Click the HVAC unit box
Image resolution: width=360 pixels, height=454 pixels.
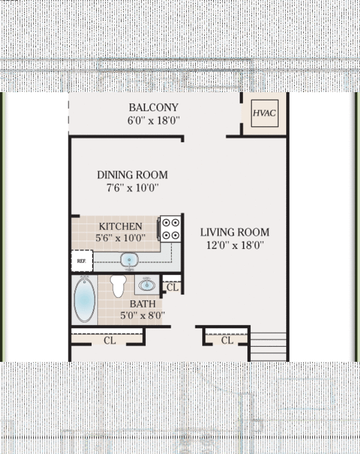264,113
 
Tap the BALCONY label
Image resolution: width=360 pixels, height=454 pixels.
154,107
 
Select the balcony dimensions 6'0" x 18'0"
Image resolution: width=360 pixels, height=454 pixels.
154,120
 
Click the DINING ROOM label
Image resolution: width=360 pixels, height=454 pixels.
132,175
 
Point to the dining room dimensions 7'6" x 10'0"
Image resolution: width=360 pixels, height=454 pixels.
132,188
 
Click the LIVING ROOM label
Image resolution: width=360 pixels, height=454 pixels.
235,232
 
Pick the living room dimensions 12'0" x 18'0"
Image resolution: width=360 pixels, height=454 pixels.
235,245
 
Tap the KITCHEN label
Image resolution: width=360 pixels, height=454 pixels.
120,226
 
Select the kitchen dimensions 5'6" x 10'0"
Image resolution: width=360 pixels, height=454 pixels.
120,238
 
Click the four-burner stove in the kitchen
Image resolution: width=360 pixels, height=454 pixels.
170,229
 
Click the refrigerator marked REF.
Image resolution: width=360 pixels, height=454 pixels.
82,261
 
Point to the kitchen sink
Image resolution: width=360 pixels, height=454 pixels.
129,260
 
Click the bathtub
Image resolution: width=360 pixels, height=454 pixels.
84,299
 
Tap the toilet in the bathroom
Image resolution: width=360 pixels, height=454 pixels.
118,286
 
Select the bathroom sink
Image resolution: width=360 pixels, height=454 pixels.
147,285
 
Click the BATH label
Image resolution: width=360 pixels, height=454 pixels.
142,304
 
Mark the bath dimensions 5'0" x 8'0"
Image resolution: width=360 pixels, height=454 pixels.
142,315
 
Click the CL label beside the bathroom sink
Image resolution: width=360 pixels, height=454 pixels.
172,288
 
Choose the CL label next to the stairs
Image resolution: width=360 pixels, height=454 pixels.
227,340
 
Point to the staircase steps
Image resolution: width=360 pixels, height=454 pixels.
268,347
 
